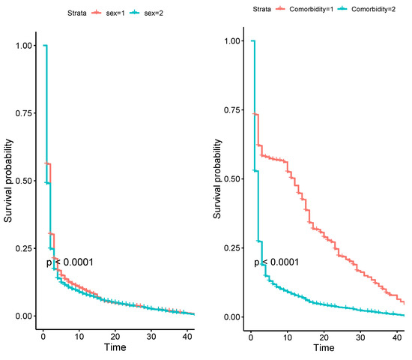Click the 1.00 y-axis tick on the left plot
coord(23,46)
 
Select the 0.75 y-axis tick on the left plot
coord(23,113)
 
